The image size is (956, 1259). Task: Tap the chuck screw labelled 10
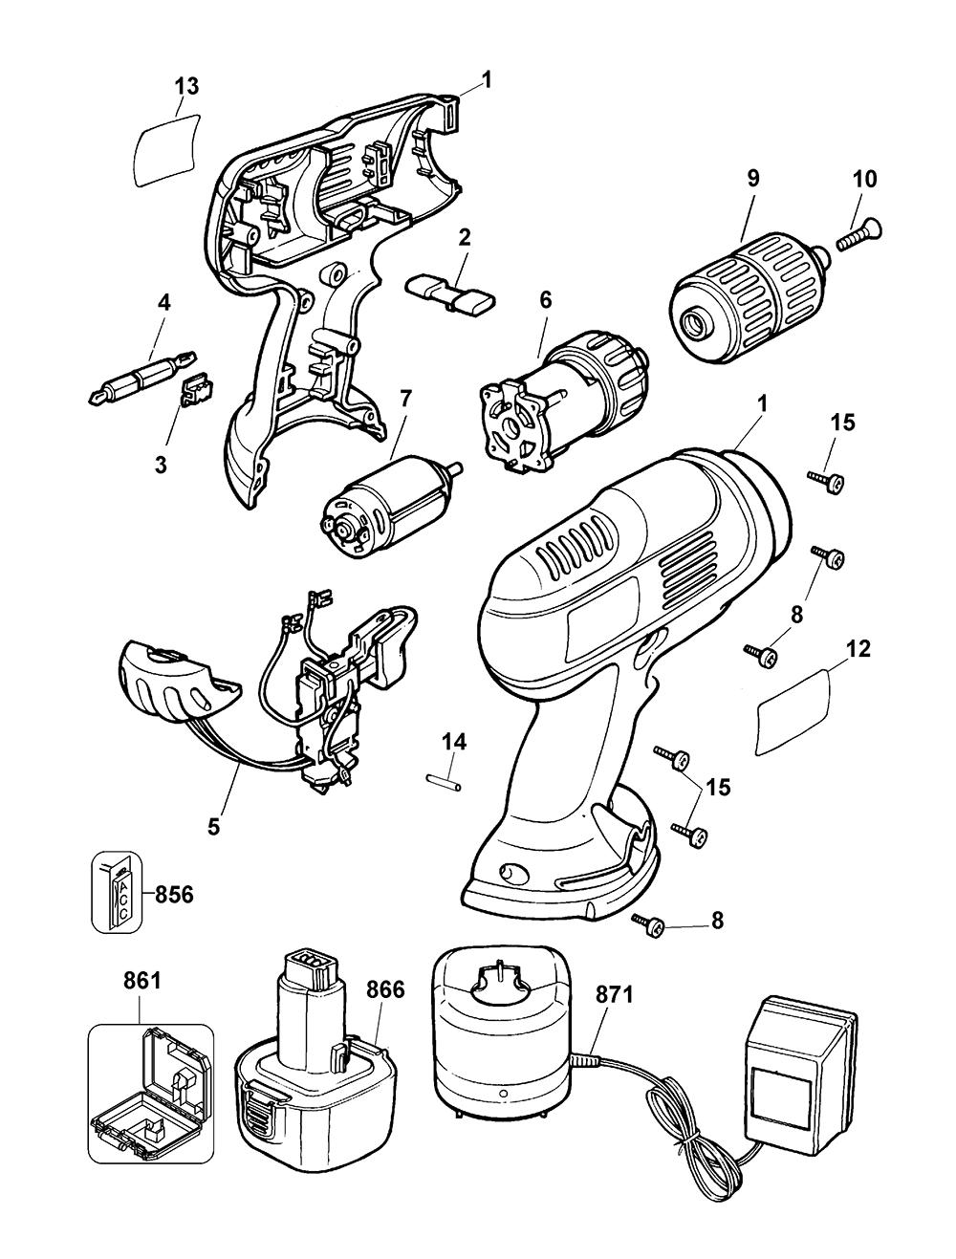858,233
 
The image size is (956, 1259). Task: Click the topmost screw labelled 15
827,481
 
